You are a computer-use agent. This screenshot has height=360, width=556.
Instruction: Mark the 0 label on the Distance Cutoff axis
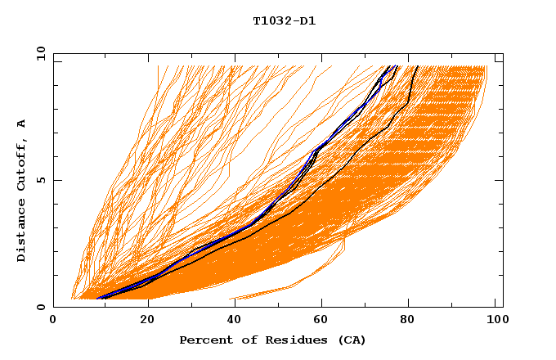point(40,307)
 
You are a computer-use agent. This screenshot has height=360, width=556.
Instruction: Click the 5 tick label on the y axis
point(40,180)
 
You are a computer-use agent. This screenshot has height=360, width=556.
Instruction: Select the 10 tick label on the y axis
point(38,53)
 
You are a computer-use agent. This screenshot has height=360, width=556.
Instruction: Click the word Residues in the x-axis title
point(283,340)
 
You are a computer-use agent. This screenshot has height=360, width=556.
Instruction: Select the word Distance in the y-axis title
point(21,232)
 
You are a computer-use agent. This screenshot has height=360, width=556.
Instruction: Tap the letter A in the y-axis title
point(21,124)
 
